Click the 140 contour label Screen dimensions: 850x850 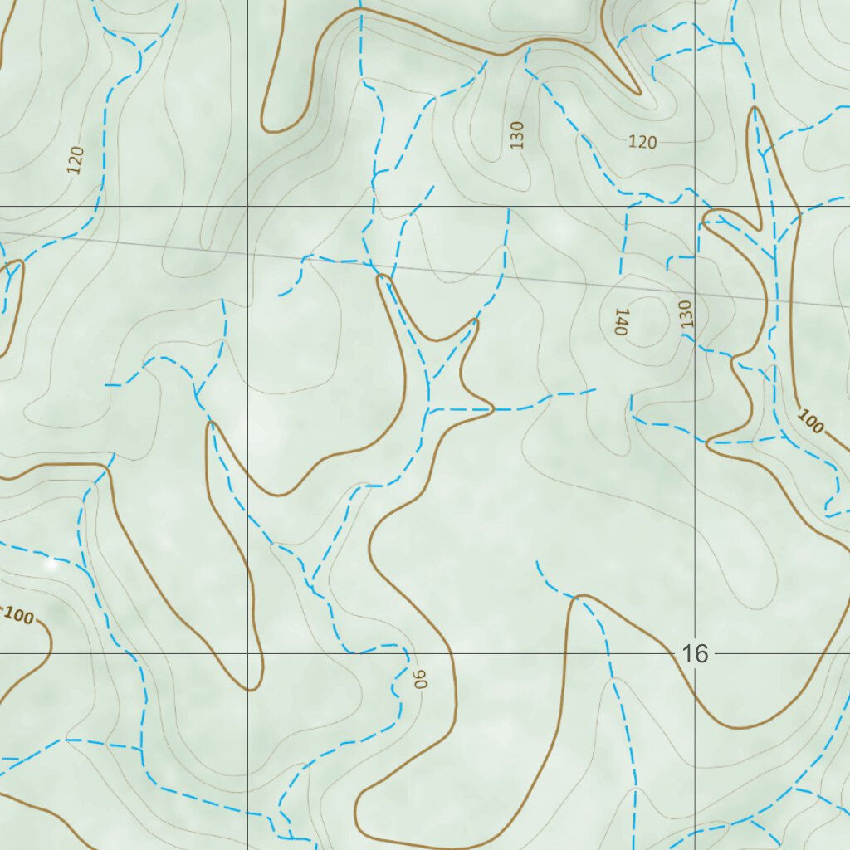pos(620,320)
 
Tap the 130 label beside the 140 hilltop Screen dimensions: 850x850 pos(686,314)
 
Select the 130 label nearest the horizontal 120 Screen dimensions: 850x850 pos(518,134)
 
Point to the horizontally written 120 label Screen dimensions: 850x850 pos(642,142)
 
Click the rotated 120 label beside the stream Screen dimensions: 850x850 pos(76,160)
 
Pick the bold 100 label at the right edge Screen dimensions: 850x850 pos(811,422)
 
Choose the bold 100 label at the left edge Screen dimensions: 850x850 pos(18,616)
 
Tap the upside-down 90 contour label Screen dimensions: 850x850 pos(420,678)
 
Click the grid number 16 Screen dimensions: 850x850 pos(696,654)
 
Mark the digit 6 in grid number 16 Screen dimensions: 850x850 pos(702,654)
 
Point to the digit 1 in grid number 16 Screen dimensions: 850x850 pos(688,654)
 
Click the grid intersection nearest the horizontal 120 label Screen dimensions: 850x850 pos(695,206)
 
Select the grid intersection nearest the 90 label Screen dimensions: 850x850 pos(248,653)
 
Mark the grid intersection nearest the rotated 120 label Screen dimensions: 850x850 pos(248,206)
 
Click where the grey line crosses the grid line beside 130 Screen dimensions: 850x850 pos(695,293)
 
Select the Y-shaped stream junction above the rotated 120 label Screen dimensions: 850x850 pos(134,43)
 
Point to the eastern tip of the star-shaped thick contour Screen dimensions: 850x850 pos(493,408)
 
